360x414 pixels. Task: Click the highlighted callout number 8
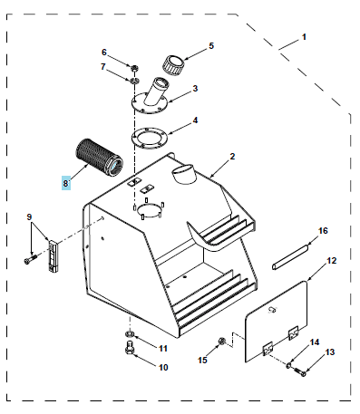point(66,183)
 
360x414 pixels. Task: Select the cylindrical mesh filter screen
point(100,158)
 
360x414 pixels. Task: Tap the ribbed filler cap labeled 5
point(174,63)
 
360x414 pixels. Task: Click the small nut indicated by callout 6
point(134,68)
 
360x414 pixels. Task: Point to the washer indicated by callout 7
point(134,81)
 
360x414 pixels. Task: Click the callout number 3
point(195,88)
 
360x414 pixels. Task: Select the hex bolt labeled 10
point(129,347)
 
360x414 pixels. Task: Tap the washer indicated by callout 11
point(130,333)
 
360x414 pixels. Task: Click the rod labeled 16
point(290,256)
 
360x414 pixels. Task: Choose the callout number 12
point(332,260)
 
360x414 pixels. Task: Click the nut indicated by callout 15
point(221,342)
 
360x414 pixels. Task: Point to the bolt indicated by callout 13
point(300,371)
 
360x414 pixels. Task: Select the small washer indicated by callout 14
point(288,366)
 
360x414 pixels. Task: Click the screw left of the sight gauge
point(30,259)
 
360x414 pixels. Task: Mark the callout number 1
point(304,37)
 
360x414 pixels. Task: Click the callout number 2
point(232,157)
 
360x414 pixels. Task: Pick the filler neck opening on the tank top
point(182,174)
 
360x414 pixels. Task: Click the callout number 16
point(323,231)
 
